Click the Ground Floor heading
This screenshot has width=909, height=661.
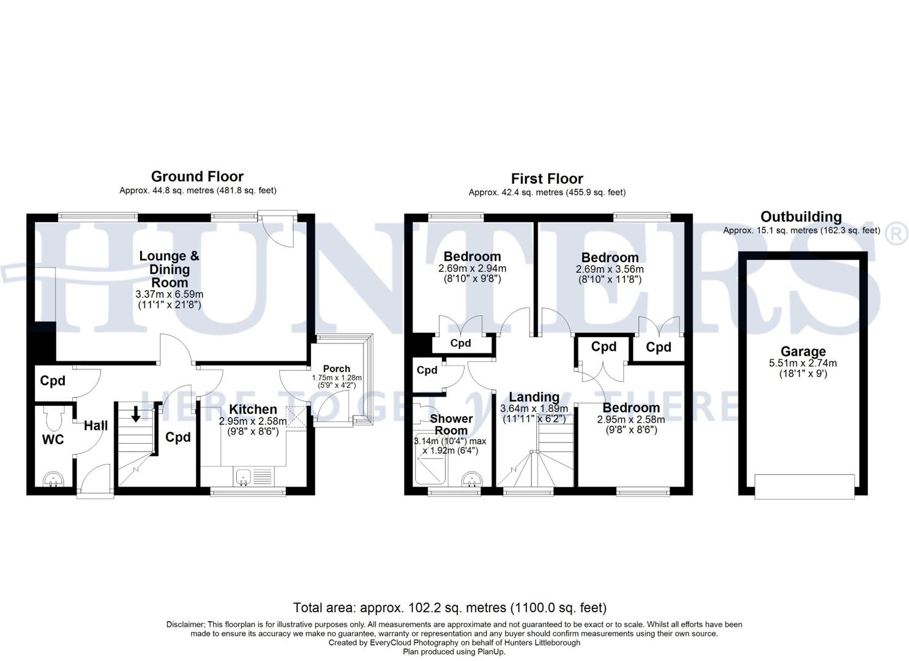tap(197, 177)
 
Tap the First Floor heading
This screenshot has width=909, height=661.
tap(547, 179)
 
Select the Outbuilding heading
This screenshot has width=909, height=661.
tap(801, 217)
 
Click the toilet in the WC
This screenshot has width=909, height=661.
tap(54, 418)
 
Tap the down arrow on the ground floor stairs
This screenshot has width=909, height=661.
tap(135, 415)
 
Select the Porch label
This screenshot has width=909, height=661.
tap(336, 368)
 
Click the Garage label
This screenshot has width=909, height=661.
tap(802, 351)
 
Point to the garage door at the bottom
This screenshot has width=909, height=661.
tap(804, 486)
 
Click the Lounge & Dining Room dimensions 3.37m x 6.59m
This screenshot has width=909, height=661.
tap(170, 294)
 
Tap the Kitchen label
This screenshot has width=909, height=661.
tap(252, 409)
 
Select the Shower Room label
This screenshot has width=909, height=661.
tap(451, 424)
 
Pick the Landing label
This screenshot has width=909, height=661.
tap(534, 397)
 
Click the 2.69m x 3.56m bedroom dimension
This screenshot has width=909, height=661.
tap(610, 269)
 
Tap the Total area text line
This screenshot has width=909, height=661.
tap(450, 608)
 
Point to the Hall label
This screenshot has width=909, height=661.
tap(95, 425)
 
